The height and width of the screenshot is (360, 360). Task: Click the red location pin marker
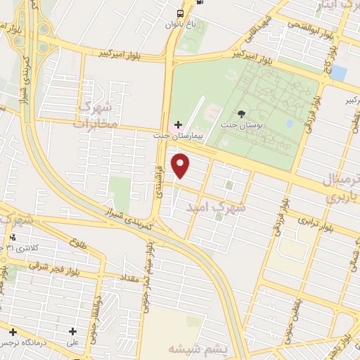point(181,165)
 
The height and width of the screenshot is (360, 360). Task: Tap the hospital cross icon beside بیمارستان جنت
point(177,124)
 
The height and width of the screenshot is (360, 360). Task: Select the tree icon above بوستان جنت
point(242,113)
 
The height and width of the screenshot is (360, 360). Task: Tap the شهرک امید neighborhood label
point(218,208)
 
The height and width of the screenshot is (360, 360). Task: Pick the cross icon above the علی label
point(72,331)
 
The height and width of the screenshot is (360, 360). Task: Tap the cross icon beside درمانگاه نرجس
point(12,331)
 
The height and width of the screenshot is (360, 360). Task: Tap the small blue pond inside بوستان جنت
point(290,124)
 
